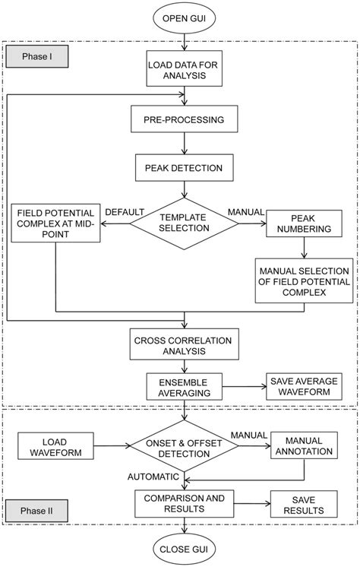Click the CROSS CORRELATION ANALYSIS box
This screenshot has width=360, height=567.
184,344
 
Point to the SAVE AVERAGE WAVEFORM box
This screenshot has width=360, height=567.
302,385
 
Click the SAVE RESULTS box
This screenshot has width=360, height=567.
301,503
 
